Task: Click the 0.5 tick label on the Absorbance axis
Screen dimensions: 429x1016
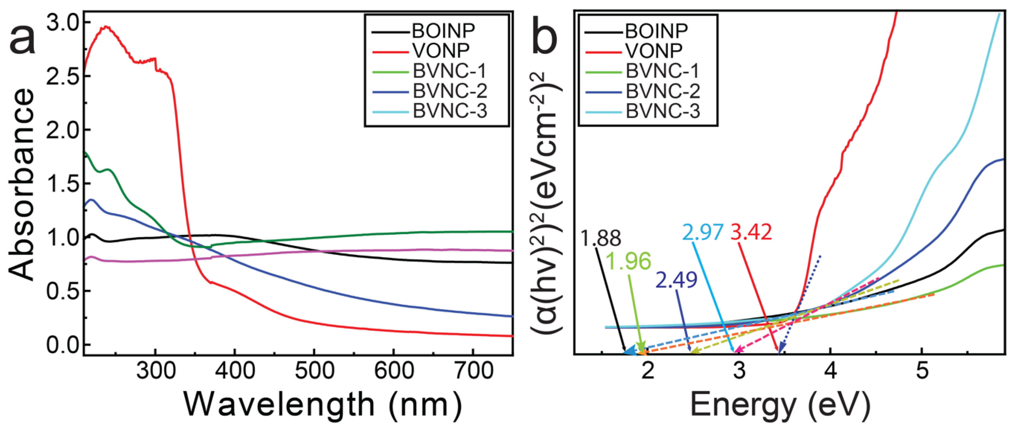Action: click(x=62, y=291)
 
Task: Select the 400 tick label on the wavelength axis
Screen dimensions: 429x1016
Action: click(x=235, y=371)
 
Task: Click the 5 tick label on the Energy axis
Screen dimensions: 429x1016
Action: click(x=922, y=371)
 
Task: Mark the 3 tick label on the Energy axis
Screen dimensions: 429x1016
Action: click(x=739, y=371)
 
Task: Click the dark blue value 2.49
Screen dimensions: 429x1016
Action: click(x=676, y=280)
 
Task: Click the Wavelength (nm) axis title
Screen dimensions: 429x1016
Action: click(x=323, y=405)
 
